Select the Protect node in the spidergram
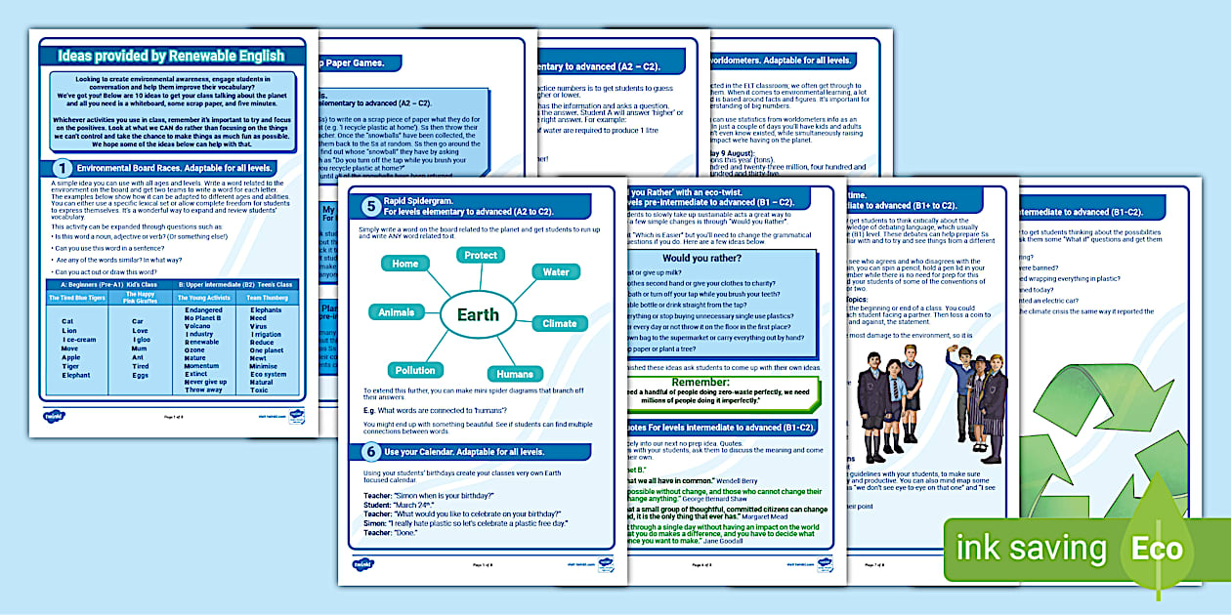point(481,255)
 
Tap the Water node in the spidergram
point(556,272)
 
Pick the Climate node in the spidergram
point(559,323)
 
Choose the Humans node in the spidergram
point(515,374)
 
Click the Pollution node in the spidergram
point(415,370)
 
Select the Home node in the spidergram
point(404,264)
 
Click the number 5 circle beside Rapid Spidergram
point(371,206)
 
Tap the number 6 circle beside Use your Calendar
point(371,452)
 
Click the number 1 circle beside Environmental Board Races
point(62,168)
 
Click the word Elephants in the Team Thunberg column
point(266,310)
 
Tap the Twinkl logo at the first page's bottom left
point(54,416)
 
